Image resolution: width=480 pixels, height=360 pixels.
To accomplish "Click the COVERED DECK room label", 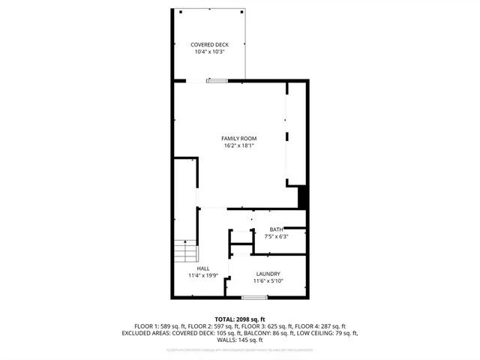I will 209,45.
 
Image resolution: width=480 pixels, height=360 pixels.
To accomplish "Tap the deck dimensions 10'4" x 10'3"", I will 209,52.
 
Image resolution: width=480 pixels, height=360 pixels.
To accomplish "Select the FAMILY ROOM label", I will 239,139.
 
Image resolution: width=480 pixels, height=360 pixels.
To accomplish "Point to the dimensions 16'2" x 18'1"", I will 239,145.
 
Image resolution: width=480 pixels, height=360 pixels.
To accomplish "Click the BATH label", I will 276,229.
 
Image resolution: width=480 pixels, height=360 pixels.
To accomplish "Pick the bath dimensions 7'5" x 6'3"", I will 276,236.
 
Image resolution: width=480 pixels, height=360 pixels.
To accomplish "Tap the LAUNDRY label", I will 268,274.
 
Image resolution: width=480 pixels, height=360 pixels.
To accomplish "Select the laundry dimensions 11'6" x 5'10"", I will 268,281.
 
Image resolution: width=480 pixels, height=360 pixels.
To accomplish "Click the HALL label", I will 203,268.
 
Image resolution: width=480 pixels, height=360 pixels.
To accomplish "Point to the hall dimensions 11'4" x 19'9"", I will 203,275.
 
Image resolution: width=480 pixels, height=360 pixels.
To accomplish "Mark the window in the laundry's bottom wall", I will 254,298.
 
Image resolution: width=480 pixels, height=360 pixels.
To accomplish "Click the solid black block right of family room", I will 304,198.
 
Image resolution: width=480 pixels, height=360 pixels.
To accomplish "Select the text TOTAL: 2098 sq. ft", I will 240,319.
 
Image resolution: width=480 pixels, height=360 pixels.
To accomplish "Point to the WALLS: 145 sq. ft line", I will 240,340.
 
